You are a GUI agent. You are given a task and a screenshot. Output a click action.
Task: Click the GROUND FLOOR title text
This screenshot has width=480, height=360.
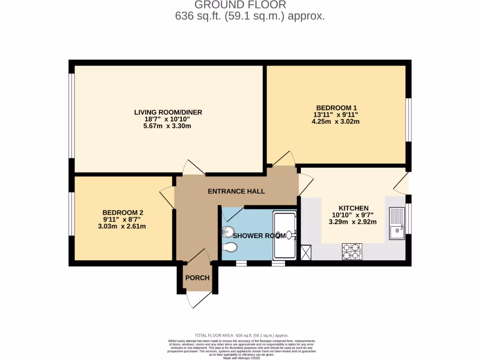click(240, 5)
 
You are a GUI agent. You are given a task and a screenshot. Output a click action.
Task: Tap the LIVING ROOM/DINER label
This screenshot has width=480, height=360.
click(168, 112)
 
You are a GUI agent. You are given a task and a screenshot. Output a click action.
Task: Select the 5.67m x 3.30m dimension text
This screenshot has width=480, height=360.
click(168, 126)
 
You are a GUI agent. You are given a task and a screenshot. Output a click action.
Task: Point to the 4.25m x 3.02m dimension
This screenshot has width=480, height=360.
click(336, 121)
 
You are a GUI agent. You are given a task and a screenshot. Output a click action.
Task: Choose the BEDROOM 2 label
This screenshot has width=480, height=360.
click(116, 212)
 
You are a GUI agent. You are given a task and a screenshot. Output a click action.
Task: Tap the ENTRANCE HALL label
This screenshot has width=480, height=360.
click(236, 191)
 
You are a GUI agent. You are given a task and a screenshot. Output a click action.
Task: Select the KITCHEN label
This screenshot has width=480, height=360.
click(353, 208)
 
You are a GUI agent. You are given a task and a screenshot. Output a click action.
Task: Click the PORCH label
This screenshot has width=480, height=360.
click(197, 277)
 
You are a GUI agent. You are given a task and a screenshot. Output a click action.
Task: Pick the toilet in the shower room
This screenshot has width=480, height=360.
click(229, 247)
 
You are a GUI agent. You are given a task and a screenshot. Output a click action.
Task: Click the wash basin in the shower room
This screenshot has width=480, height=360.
click(228, 231)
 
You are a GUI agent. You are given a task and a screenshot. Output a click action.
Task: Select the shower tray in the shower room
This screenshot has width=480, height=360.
click(284, 235)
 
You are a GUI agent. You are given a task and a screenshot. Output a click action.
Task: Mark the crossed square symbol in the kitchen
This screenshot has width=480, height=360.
click(307, 252)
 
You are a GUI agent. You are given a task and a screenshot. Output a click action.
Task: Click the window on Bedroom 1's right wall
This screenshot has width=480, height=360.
click(409, 120)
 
